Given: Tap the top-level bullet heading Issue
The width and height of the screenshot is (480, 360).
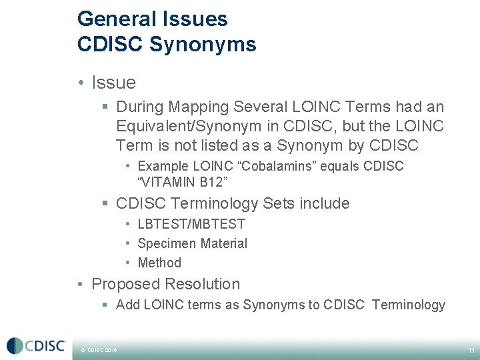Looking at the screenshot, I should (113, 83).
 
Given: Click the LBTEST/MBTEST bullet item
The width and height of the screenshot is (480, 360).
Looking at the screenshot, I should (191, 225).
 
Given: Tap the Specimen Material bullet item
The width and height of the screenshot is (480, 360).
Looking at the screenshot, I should (192, 244).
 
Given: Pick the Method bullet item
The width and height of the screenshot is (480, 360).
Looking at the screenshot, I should (159, 263).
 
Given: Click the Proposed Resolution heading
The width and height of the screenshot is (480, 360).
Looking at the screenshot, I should (165, 284).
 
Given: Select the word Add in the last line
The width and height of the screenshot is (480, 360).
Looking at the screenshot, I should (127, 305).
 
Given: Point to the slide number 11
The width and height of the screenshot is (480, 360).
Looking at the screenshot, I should (471, 350).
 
